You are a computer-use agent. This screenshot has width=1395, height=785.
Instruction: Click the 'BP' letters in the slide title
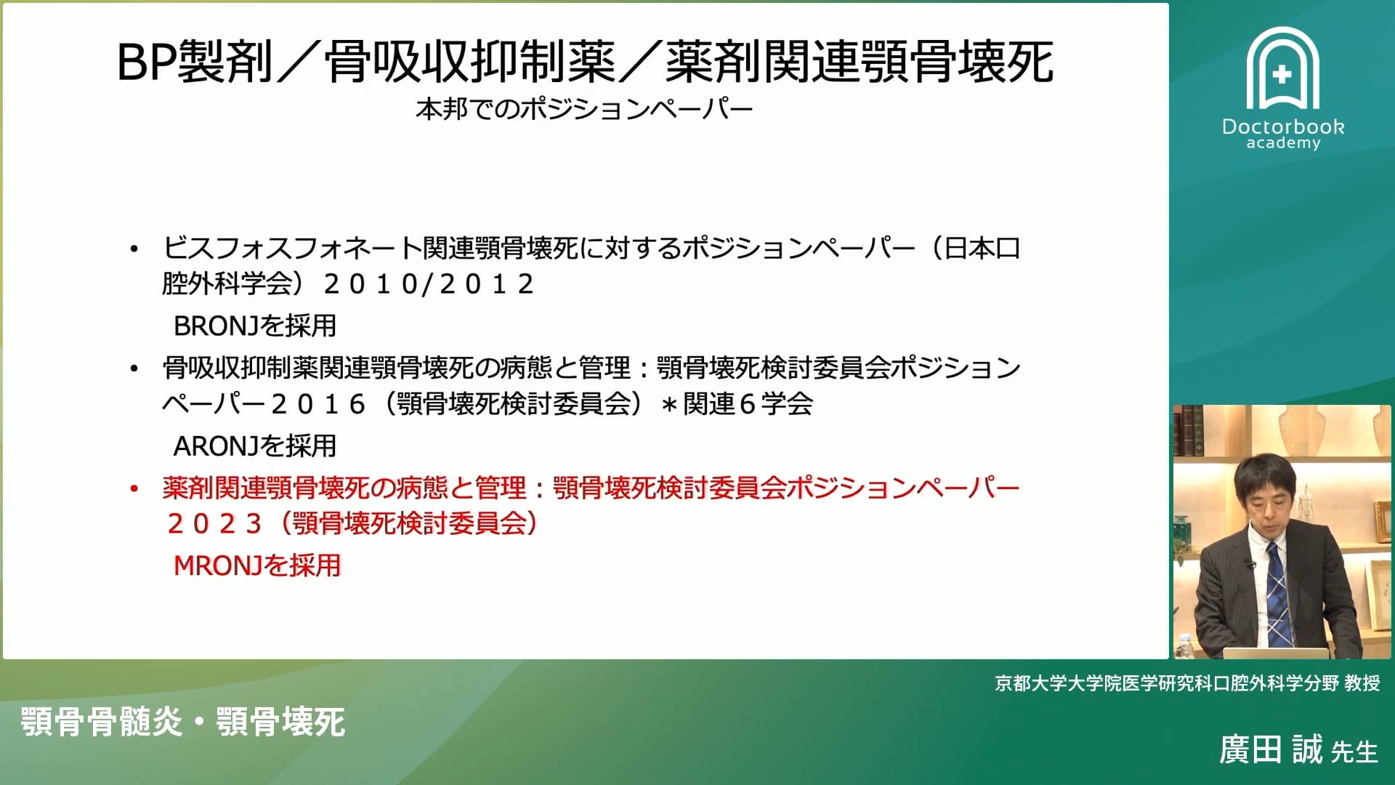coord(145,62)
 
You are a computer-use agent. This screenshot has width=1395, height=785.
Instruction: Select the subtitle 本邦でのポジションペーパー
coord(583,110)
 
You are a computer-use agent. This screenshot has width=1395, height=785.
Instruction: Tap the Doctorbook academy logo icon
coord(1282,70)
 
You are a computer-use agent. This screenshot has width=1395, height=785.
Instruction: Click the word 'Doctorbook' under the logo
coord(1283,126)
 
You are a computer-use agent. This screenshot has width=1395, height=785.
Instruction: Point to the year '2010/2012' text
coord(429,284)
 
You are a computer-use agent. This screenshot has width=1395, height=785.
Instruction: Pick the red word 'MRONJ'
coord(217,565)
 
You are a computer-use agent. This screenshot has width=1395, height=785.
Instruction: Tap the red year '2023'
coord(214,524)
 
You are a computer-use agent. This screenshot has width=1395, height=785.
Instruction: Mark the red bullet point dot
coord(134,488)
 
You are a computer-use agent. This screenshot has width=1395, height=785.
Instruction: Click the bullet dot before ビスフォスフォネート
coord(134,249)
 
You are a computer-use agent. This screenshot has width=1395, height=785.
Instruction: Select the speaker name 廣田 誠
coord(1271,749)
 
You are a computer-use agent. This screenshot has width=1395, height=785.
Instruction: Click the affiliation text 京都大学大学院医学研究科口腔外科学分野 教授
coord(1187,683)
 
